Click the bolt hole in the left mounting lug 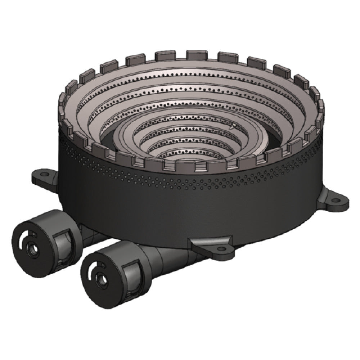(44, 174)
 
